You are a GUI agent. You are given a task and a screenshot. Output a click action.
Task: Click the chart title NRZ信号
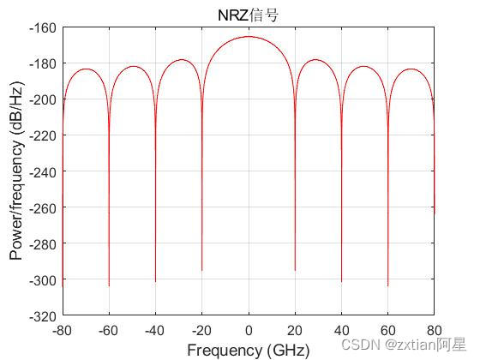[x=248, y=14]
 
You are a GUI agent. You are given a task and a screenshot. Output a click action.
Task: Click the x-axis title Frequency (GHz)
[x=248, y=350]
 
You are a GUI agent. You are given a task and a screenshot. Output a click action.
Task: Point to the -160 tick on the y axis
[x=43, y=27]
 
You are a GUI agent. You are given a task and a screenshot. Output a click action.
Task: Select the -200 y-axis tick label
[x=43, y=99]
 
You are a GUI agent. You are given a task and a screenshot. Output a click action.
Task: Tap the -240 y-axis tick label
[x=43, y=171]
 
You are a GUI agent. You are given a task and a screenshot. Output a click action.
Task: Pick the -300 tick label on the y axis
[x=43, y=279]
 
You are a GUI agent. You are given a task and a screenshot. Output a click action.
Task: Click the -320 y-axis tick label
[x=43, y=315]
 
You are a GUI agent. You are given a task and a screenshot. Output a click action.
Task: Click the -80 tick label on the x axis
[x=63, y=329]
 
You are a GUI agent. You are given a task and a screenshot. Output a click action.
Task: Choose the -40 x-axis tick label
[x=155, y=329]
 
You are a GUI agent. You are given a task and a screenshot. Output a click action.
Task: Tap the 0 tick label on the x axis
[x=249, y=329]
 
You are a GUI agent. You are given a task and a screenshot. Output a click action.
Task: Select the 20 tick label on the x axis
[x=295, y=329]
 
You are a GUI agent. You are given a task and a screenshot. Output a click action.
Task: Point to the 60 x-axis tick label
[x=387, y=329]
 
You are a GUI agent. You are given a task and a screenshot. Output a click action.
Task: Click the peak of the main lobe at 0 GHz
[x=249, y=37]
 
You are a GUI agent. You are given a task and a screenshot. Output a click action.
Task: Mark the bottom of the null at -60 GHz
[x=109, y=285]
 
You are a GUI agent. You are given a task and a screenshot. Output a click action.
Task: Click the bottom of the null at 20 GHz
[x=295, y=270]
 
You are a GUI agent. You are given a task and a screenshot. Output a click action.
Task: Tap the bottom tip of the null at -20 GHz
[x=202, y=270]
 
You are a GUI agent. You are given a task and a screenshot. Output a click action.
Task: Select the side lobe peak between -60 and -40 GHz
[x=133, y=66]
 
